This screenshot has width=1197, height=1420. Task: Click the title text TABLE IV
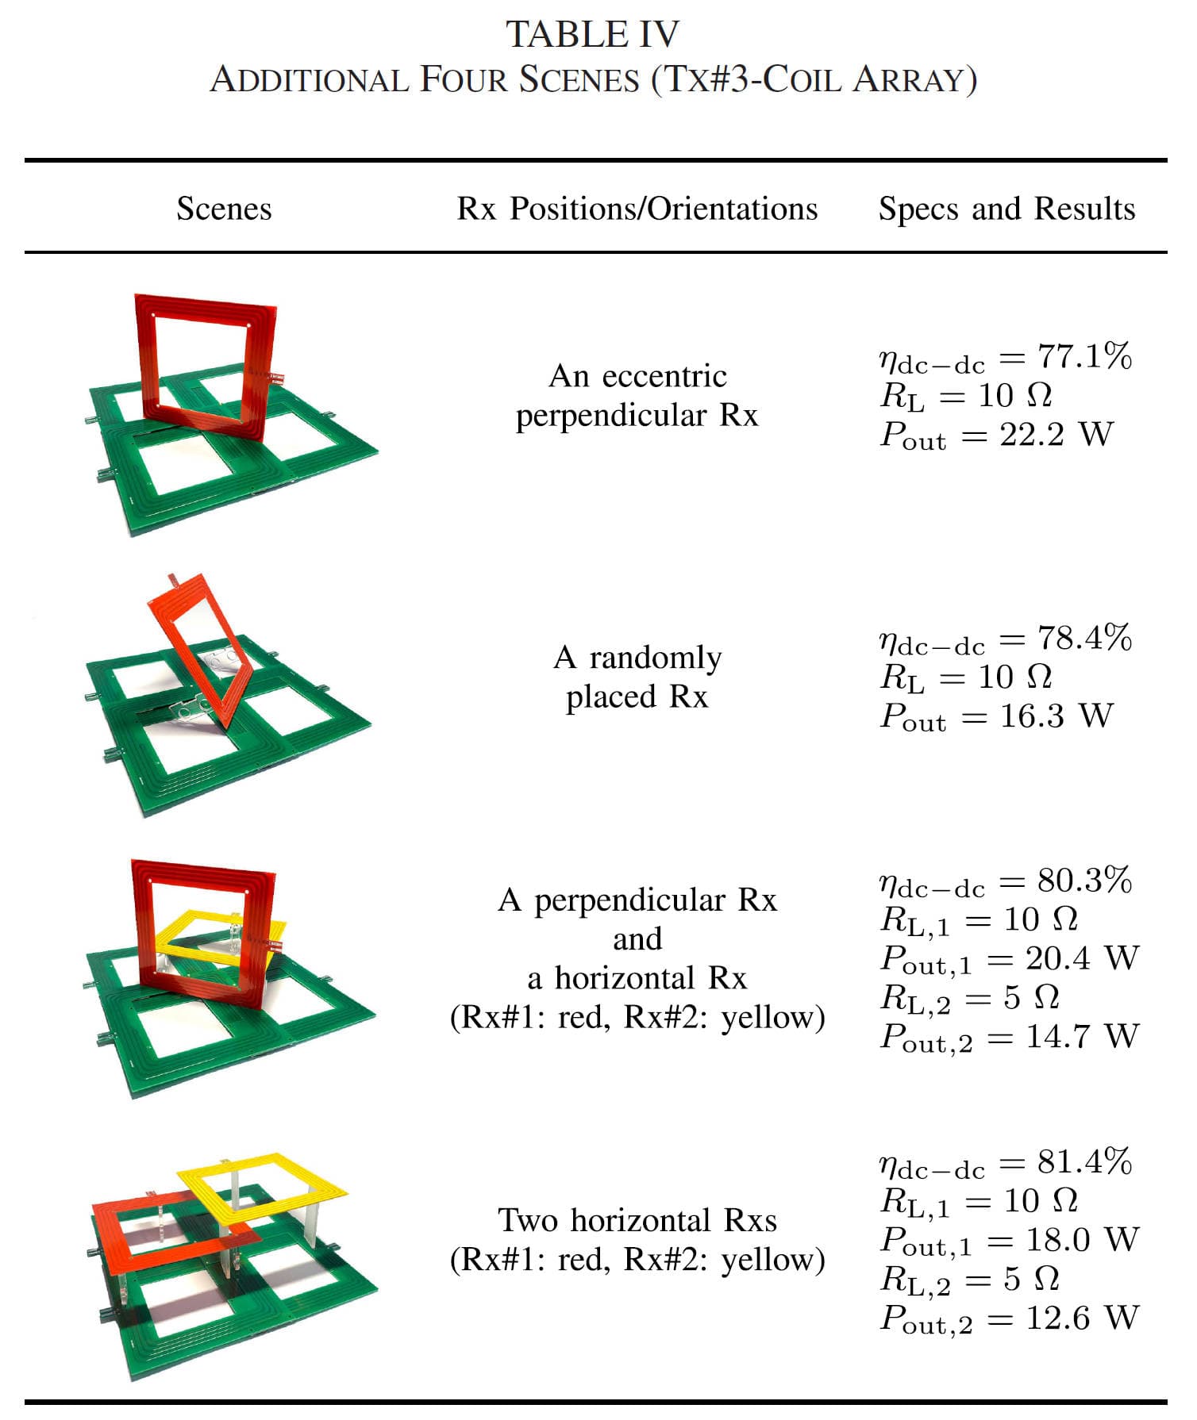click(592, 34)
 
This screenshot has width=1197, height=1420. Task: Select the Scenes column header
click(224, 209)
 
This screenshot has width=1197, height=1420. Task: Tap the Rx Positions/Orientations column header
click(637, 209)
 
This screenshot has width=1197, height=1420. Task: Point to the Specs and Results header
click(1006, 209)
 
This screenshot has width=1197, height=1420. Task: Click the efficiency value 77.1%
click(1084, 357)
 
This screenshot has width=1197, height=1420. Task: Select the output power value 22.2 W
click(1056, 435)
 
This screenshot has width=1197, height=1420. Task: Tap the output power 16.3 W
click(1056, 716)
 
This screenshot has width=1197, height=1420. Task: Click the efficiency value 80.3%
click(1084, 881)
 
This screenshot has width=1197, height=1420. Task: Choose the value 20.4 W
click(1082, 958)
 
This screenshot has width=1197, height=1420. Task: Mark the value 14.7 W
click(1082, 1036)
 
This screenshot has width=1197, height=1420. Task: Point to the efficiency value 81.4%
click(1084, 1162)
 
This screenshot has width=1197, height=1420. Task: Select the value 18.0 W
click(1082, 1240)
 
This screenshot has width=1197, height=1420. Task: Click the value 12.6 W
click(1082, 1318)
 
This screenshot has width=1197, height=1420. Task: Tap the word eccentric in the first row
click(664, 376)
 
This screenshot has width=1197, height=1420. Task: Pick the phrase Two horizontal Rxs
click(637, 1220)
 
